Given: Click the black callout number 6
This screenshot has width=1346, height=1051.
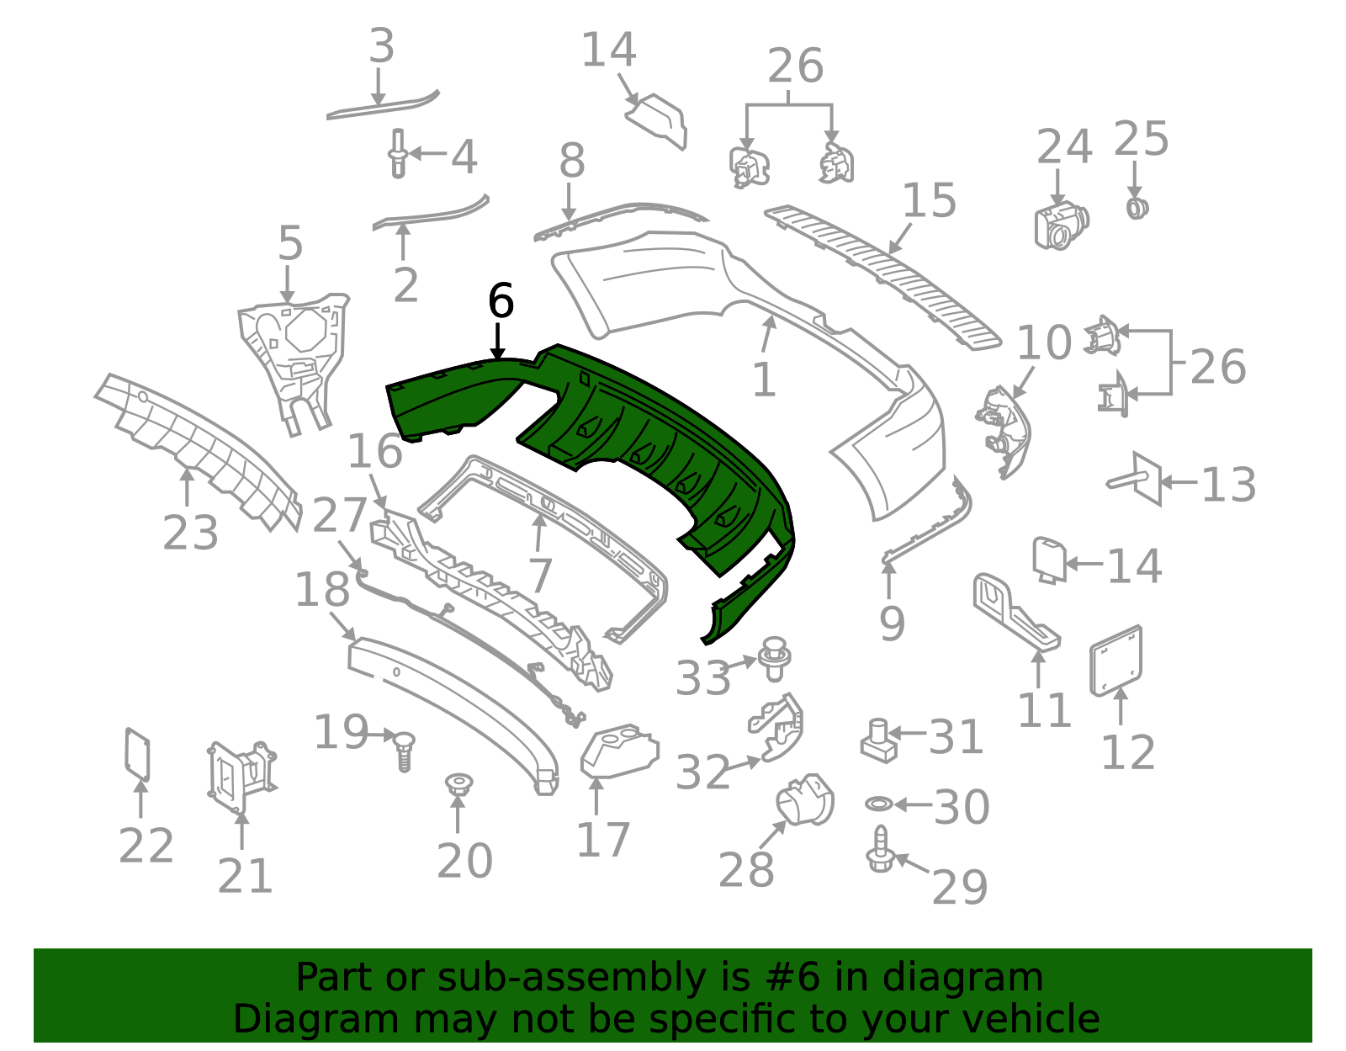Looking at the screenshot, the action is click(501, 301).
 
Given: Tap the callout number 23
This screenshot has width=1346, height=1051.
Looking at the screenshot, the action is click(190, 533).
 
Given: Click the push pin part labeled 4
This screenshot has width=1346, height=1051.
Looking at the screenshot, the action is click(398, 154).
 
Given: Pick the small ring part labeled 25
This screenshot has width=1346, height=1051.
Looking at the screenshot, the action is click(1137, 209).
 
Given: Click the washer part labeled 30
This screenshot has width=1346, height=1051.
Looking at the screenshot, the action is click(878, 804).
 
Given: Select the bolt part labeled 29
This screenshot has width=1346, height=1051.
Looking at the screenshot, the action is click(880, 850).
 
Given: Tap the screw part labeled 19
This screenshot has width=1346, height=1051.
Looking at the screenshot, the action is click(404, 752).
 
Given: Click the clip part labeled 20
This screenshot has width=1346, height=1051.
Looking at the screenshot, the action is click(458, 783).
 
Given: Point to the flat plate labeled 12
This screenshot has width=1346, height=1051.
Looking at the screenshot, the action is click(1115, 661).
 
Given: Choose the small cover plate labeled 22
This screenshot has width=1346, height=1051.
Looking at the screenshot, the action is click(137, 755).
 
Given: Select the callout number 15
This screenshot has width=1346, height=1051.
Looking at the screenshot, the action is click(929, 200).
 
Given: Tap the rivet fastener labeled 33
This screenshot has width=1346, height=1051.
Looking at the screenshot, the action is click(775, 659).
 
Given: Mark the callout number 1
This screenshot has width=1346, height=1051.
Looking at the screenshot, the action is click(764, 380).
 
